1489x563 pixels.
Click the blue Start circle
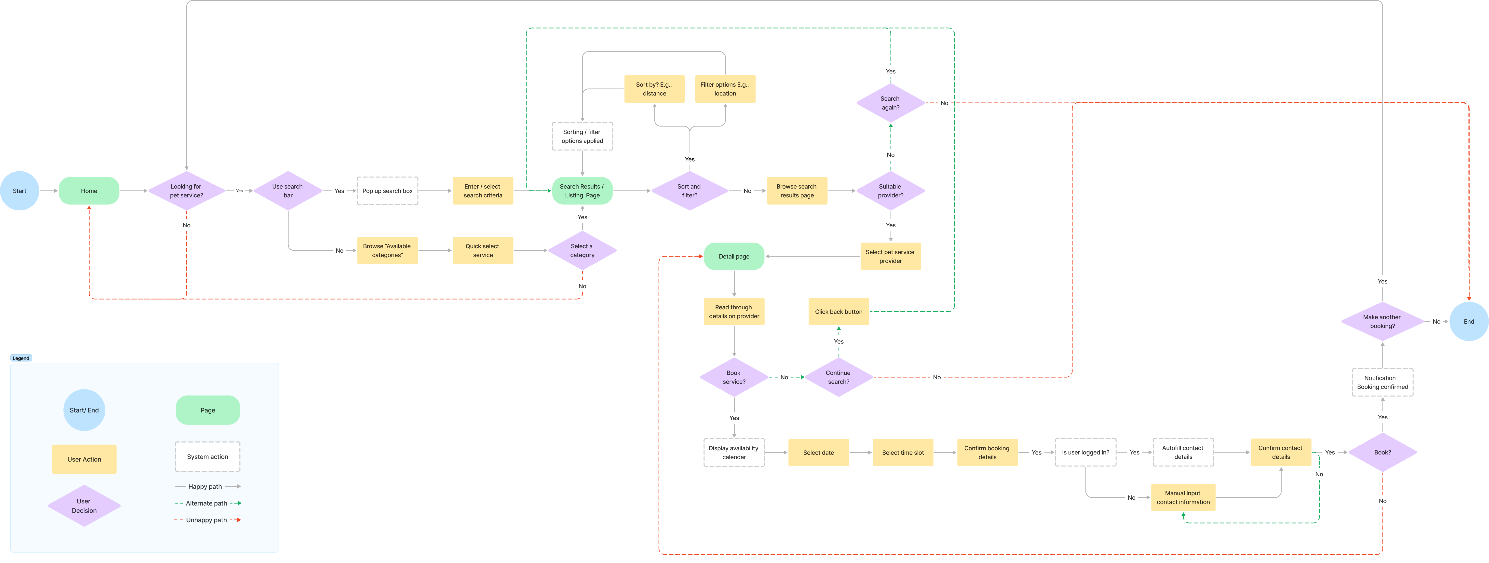tap(20, 191)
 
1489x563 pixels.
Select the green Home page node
tap(89, 191)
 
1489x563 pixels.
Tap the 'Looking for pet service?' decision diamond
tap(186, 191)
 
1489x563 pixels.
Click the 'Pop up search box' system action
tap(387, 191)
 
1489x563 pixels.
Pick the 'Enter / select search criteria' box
tap(483, 191)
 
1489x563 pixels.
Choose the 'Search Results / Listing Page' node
tap(582, 191)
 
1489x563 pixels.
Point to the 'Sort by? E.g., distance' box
tap(654, 89)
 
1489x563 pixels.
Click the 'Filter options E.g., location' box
tap(725, 89)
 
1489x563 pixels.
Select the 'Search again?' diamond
tap(890, 103)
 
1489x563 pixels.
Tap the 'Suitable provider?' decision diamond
tap(890, 191)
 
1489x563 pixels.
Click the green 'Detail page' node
tap(734, 256)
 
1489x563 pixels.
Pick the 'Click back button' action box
tap(838, 312)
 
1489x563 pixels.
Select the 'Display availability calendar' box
tap(734, 453)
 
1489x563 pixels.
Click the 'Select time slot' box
tap(903, 453)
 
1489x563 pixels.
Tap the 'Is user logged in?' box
tap(1085, 453)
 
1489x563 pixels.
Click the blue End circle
tap(1469, 321)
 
